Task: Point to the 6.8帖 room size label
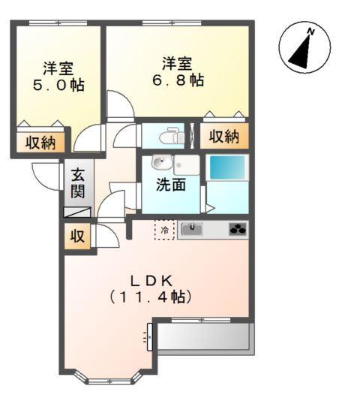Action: coord(178,80)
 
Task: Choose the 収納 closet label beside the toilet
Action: coord(223,137)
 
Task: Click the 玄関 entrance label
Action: coord(78,182)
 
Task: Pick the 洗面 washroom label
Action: coord(170,185)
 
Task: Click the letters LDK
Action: coord(153,280)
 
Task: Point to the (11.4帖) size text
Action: coord(152,297)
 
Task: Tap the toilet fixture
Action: coord(170,137)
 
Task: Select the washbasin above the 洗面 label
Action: coord(160,163)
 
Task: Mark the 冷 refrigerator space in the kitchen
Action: coord(164,229)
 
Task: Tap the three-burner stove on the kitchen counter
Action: coord(237,230)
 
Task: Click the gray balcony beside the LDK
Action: coord(204,337)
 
